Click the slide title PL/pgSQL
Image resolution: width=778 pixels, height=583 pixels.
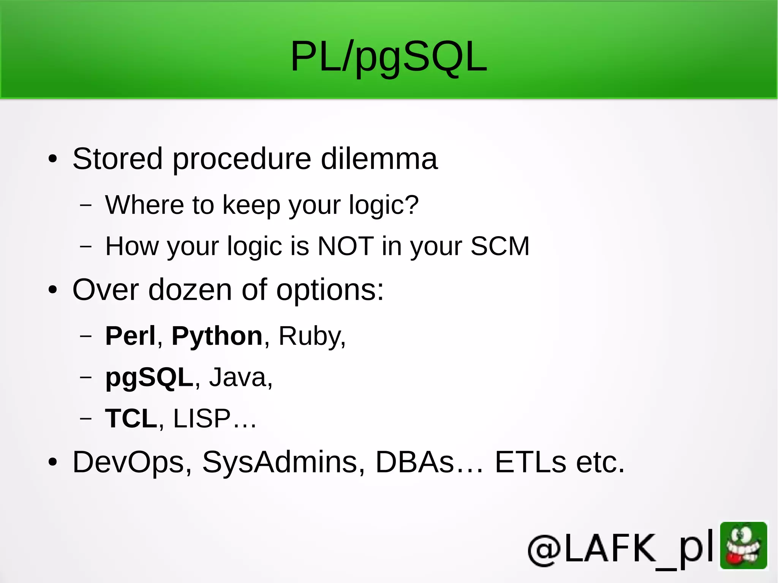388,57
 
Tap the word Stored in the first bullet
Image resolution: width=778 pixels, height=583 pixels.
117,159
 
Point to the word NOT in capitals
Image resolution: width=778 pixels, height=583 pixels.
345,246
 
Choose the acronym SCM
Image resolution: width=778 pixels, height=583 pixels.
500,246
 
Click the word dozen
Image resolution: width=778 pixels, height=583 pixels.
190,290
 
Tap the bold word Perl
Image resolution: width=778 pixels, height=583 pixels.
130,336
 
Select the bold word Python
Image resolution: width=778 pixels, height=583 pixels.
217,336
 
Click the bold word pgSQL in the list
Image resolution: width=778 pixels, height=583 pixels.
149,378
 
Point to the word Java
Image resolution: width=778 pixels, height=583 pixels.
238,378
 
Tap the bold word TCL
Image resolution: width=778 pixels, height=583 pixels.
131,419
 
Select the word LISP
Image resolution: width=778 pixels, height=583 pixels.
202,419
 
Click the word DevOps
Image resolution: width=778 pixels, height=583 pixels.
128,463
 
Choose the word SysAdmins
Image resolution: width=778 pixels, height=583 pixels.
279,463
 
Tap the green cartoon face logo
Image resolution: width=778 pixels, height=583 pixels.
743,545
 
